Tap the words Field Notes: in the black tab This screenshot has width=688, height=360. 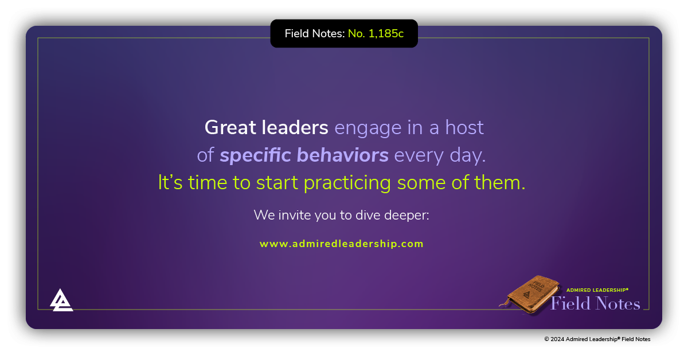coord(315,34)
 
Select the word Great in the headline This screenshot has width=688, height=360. coord(229,127)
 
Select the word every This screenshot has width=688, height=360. coord(419,156)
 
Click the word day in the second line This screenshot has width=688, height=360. coord(471,156)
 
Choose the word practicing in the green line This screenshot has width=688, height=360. coord(347,183)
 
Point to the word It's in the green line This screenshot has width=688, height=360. coord(170,183)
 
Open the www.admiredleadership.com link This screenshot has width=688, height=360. coord(342,244)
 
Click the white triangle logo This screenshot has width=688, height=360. coord(61,300)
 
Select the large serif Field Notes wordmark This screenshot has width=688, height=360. coord(595,303)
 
